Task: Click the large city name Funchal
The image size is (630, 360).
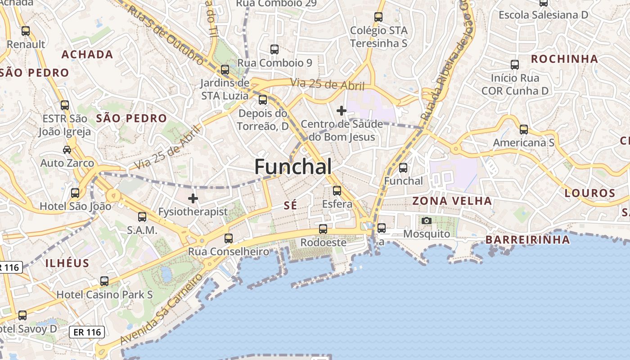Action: (293, 167)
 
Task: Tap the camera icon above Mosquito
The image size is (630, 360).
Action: (427, 221)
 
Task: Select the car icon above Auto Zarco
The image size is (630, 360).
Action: (67, 150)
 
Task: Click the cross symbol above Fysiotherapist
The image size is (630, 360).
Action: (193, 198)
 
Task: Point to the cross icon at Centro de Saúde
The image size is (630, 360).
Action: (342, 110)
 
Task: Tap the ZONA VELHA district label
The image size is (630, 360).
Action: (452, 201)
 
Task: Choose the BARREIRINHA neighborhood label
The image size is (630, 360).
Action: (527, 239)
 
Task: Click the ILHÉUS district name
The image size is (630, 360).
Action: (67, 263)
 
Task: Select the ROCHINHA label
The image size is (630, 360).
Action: (564, 59)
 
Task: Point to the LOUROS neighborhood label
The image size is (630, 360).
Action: (590, 193)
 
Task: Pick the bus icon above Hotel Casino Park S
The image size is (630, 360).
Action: (104, 281)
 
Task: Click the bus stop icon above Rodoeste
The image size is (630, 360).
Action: (323, 229)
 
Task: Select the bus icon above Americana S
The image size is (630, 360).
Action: (524, 130)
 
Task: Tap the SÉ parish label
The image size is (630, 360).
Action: (291, 206)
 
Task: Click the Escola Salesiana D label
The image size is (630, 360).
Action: (543, 15)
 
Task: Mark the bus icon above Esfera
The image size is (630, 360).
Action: (337, 191)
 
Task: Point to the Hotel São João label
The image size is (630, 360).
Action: (76, 207)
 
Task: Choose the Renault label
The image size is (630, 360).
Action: (26, 44)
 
